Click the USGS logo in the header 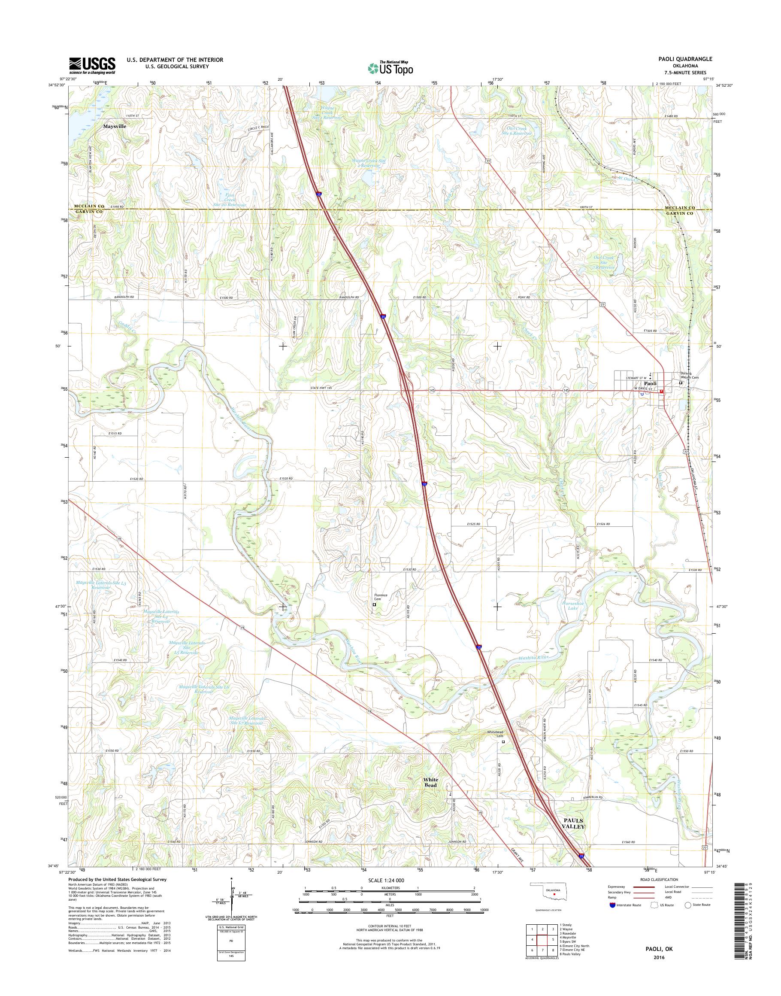(92, 66)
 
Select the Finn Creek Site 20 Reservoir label (230, 200)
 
